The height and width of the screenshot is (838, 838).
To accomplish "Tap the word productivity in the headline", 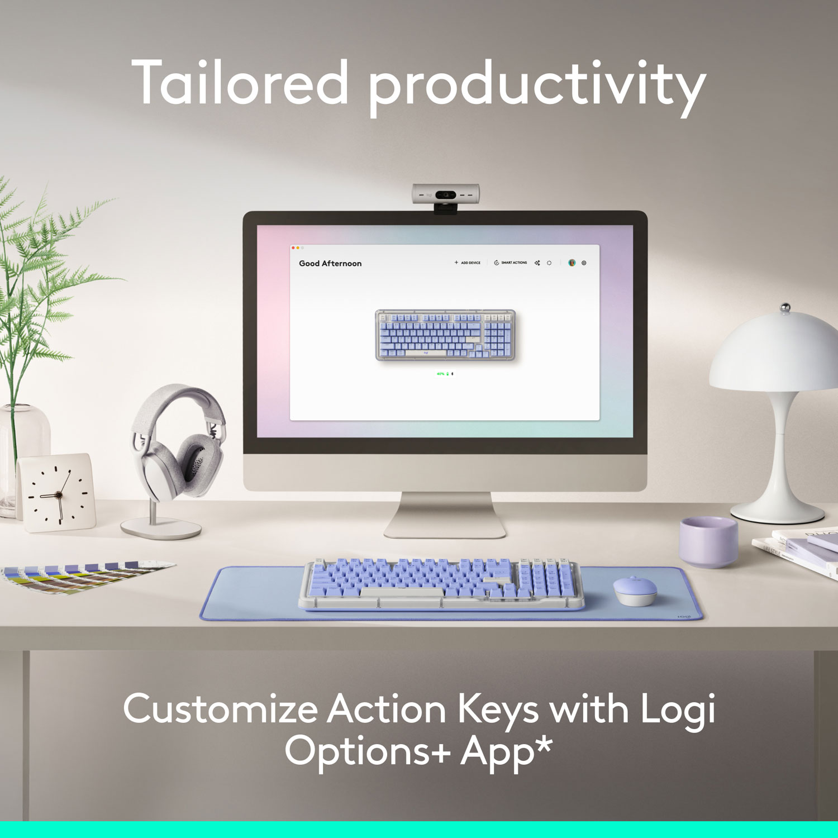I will coord(536,87).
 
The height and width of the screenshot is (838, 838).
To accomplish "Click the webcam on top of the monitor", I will coord(446,195).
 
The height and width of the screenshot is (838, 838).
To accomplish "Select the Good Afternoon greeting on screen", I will coord(330,263).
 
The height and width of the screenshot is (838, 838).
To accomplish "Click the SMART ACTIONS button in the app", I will coord(511,263).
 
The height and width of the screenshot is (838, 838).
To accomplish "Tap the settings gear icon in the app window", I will coord(584,263).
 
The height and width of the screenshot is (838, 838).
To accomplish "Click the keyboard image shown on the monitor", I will coord(445,335).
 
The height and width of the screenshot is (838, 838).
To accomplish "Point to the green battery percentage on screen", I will coord(441,374).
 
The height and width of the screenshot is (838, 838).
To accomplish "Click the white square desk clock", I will coord(56,493).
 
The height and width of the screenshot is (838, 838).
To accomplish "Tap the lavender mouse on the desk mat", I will coord(635,590).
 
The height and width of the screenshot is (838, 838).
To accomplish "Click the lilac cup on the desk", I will coord(708,541).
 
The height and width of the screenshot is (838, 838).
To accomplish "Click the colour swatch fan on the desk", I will coord(84,575).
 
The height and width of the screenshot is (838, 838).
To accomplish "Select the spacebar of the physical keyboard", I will coord(400,592).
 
